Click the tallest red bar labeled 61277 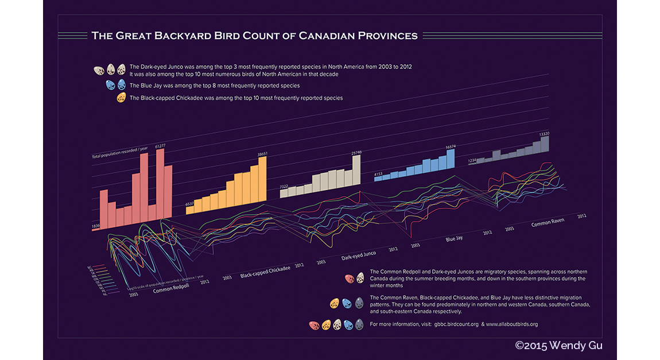[x=160, y=184]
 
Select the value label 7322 [x=284, y=187]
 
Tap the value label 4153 [x=378, y=173]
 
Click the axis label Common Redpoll [x=172, y=288]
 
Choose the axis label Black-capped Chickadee [x=265, y=272]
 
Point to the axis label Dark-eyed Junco [x=359, y=254]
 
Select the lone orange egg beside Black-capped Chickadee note [x=121, y=98]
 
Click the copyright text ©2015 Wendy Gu [x=558, y=346]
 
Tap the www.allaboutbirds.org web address [x=512, y=324]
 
